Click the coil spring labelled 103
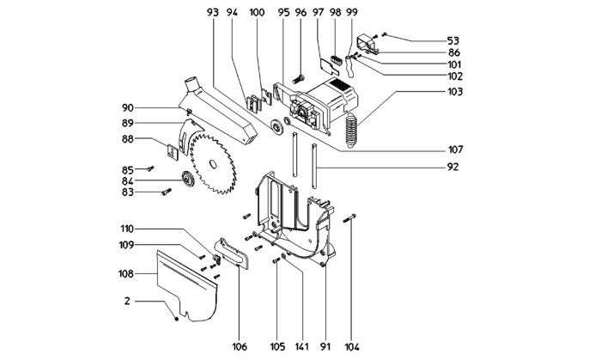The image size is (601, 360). [351, 131]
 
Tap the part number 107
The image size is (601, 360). [455, 149]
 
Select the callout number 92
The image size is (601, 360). [452, 168]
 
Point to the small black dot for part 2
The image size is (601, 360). [176, 319]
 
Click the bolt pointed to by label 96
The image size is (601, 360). [298, 80]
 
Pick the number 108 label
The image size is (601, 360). [126, 274]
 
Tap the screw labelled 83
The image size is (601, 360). [167, 192]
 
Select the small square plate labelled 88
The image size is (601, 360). [173, 152]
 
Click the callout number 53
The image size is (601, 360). [453, 40]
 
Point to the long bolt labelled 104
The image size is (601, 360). [350, 217]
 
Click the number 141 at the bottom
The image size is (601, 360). [301, 346]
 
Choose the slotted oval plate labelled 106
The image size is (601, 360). [233, 253]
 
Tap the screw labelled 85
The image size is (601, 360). [150, 168]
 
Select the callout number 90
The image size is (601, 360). [128, 108]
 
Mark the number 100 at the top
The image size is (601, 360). [257, 12]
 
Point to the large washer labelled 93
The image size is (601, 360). [276, 127]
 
